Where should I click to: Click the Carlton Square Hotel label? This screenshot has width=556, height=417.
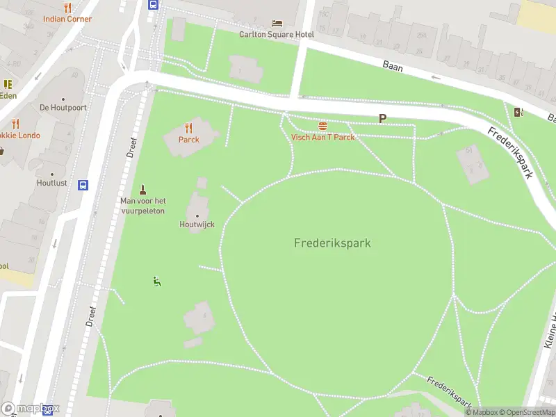coord(277,34)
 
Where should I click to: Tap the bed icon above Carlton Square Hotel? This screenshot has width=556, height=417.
coord(277,24)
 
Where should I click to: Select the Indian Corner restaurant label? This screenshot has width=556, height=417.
coord(67,19)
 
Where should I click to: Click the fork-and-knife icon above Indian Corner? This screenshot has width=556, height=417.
coord(67,8)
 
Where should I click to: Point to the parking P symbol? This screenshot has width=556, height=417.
coord(382,119)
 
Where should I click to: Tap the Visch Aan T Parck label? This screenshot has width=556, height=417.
coord(322,137)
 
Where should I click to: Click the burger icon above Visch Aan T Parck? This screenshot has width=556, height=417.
coord(322,126)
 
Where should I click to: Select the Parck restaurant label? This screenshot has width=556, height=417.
coord(188,139)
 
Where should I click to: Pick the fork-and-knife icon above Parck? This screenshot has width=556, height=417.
coord(188,128)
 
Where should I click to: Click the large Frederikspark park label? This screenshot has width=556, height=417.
coord(332,243)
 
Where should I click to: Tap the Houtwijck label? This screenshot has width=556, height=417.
coord(197,224)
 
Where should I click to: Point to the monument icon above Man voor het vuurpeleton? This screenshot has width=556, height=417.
coord(142,190)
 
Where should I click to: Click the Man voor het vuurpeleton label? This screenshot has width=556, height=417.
coord(142,206)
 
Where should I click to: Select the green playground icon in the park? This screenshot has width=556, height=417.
coord(157,281)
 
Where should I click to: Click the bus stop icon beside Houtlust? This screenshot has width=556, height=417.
coord(83,185)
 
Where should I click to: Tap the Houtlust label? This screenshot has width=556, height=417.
coord(52,183)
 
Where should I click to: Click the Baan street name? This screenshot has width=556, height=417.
coord(393,65)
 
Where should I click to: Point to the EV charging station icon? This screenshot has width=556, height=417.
coord(518,113)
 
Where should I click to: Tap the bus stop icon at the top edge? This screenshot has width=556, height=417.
coord(153,4)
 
